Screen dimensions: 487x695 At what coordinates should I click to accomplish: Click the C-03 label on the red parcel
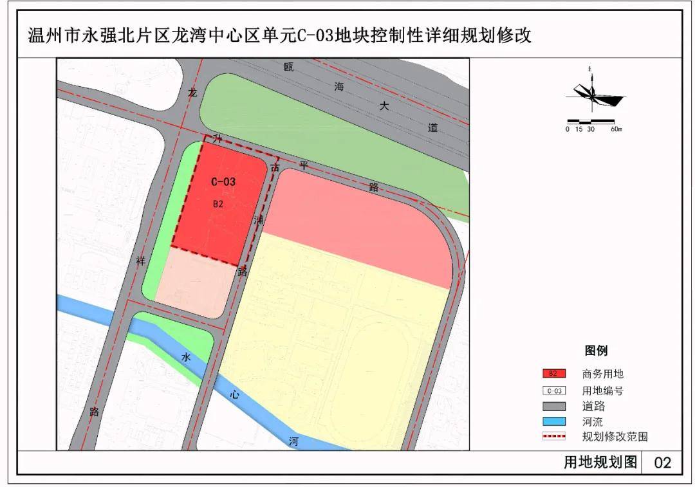click(x=223, y=182)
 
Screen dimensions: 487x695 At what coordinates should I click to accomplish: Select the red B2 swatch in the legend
click(x=553, y=374)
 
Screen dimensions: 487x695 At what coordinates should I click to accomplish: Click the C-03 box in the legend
click(x=553, y=391)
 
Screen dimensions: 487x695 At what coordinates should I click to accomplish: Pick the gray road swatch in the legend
click(x=553, y=407)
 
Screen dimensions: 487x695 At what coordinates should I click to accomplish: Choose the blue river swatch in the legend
click(x=553, y=422)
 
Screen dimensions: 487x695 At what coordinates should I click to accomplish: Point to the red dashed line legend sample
click(x=553, y=437)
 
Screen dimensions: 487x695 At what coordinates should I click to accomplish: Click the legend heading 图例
click(x=596, y=351)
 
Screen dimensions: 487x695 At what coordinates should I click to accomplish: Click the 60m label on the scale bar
click(x=616, y=129)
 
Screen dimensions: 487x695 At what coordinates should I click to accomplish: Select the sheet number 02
click(x=662, y=463)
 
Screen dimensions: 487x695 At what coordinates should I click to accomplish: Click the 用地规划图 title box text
click(x=600, y=463)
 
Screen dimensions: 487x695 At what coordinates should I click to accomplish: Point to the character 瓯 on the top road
click(x=289, y=67)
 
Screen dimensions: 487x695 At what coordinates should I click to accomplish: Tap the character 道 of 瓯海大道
click(x=432, y=127)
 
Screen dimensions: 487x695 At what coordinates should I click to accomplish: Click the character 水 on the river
click(x=186, y=358)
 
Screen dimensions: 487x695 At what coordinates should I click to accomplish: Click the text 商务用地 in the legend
click(x=602, y=374)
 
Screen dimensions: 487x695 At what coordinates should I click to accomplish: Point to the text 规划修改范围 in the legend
click(x=615, y=437)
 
